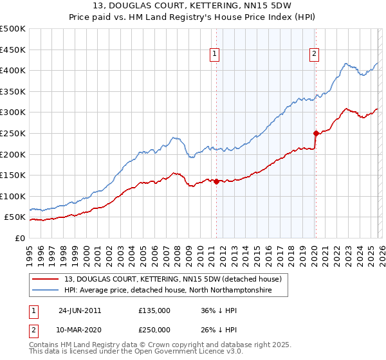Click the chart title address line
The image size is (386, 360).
(193, 6)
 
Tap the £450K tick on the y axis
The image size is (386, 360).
(13, 50)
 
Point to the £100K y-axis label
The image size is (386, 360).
(13, 196)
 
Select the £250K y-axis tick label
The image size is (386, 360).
(13, 133)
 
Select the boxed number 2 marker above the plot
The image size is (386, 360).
(315, 55)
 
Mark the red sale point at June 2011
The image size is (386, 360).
(216, 181)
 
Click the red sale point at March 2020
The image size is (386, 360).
(315, 134)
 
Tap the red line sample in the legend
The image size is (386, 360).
(46, 280)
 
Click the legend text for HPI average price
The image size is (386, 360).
(169, 291)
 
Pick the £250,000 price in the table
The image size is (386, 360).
(154, 329)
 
